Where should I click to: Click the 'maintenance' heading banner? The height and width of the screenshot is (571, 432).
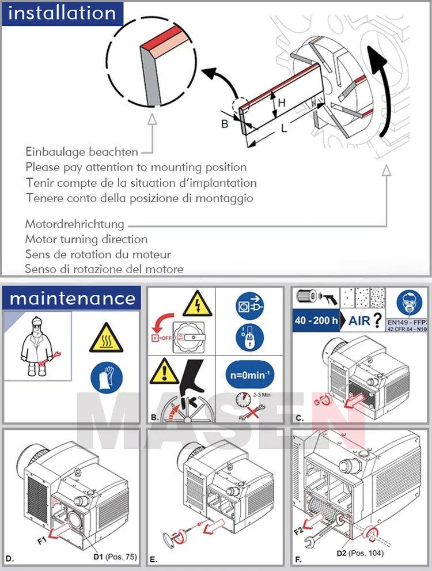pos(72,298)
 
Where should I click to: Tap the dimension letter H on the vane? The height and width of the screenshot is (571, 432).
pos(282,103)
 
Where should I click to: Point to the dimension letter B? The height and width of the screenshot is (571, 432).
pos(225,123)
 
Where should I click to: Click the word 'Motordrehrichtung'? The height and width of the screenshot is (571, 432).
pos(74,224)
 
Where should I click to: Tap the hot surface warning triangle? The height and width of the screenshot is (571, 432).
pos(106,339)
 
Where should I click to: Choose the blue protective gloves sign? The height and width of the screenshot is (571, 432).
pos(106,377)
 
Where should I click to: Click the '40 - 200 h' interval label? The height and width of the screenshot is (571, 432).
pos(316,320)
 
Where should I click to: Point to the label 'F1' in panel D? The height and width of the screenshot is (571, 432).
pos(42,540)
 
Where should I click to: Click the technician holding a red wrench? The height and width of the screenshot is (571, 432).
pos(36,346)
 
